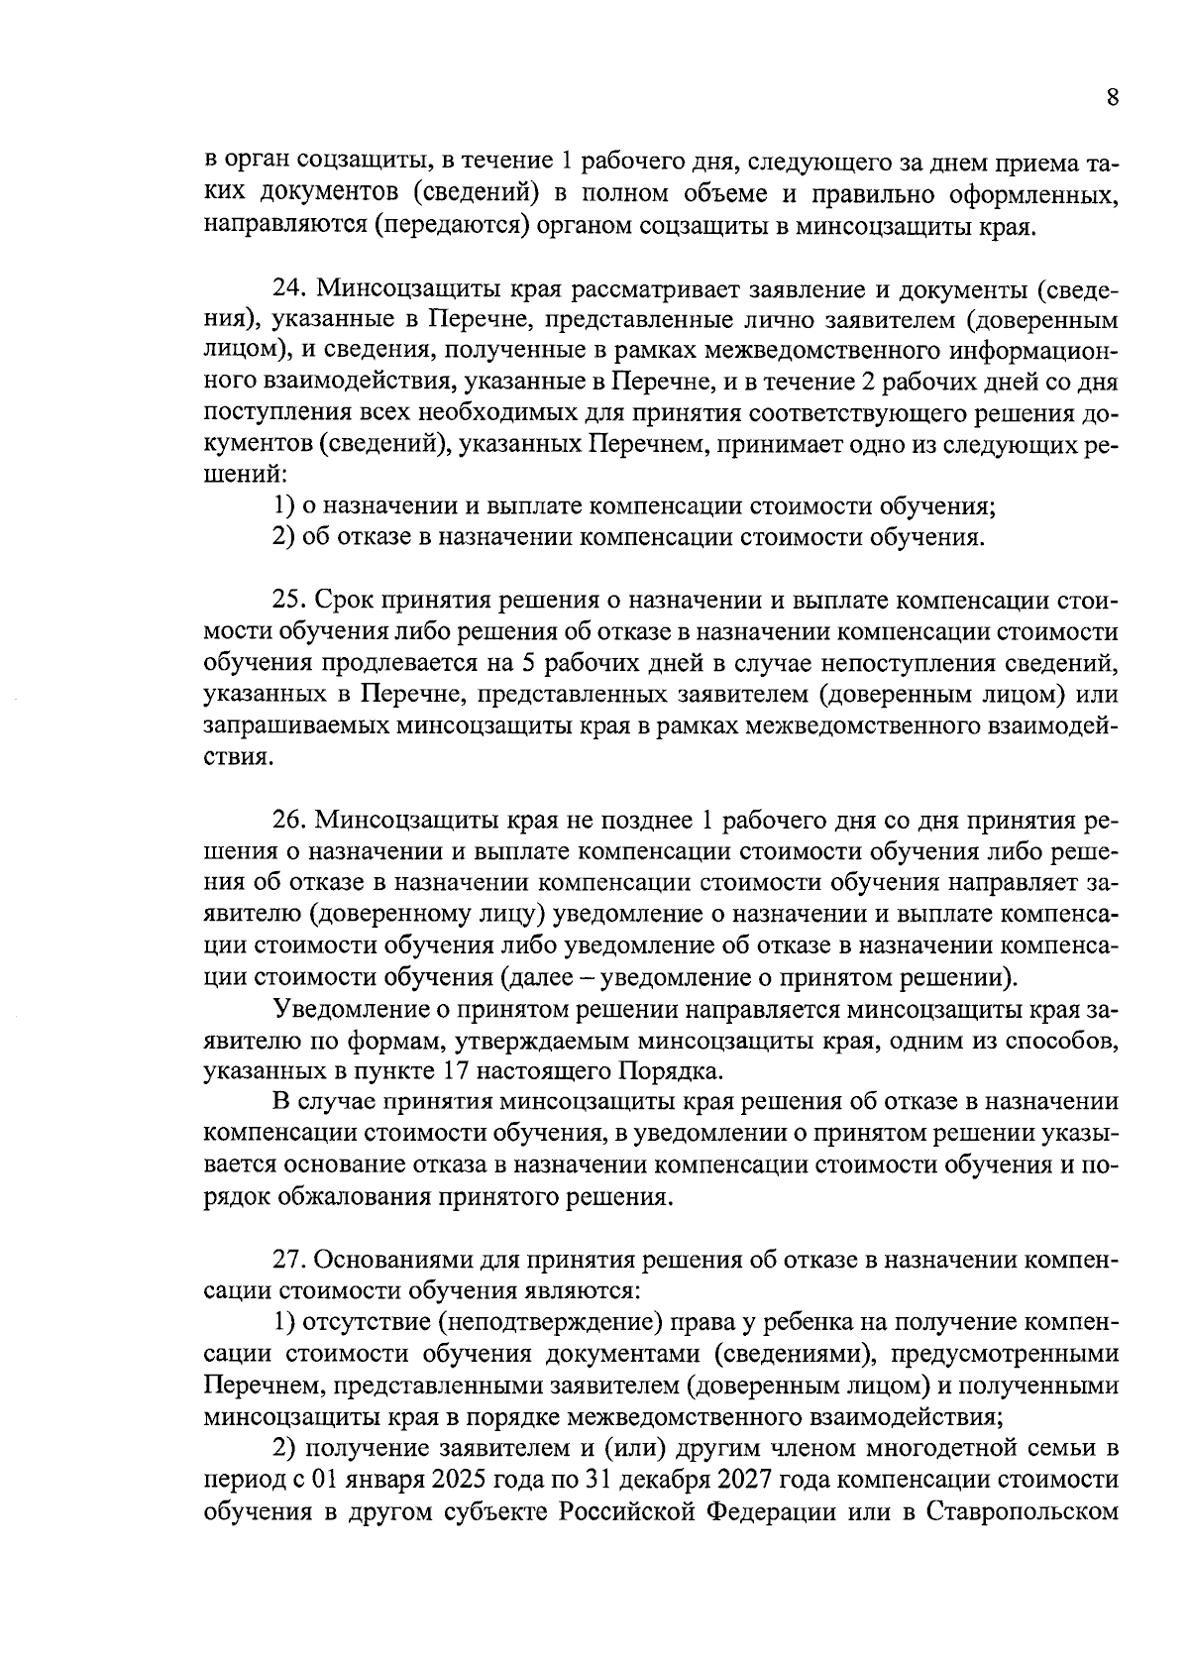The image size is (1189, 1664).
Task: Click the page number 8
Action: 1112,97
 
